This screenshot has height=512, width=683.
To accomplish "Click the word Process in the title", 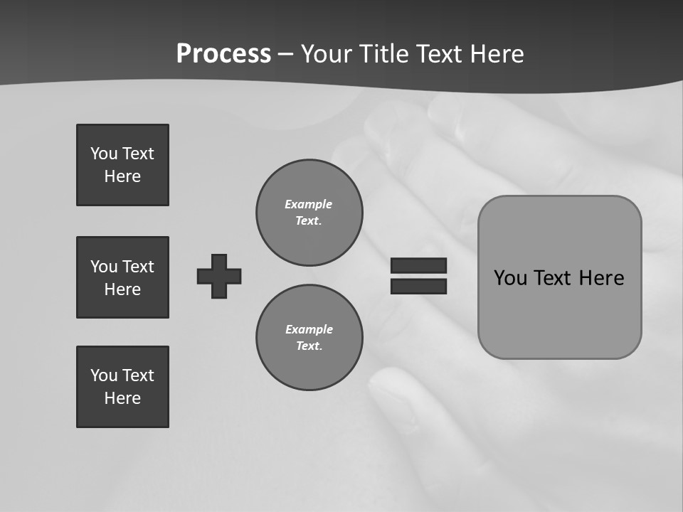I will pyautogui.click(x=223, y=54).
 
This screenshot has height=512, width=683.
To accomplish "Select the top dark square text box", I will pyautogui.click(x=122, y=165).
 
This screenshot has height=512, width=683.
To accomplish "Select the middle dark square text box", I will pyautogui.click(x=122, y=277).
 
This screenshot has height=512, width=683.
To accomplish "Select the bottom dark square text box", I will pyautogui.click(x=122, y=387).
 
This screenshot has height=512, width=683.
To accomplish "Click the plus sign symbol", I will pyautogui.click(x=219, y=276).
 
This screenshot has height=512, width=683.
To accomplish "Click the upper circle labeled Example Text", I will pyautogui.click(x=309, y=213).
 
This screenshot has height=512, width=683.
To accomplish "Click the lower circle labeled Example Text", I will pyautogui.click(x=309, y=338).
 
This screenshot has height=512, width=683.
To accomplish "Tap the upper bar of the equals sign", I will pyautogui.click(x=418, y=265).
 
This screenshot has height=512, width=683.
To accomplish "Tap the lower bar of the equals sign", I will pyautogui.click(x=418, y=287).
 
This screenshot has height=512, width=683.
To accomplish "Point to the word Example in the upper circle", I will pyautogui.click(x=308, y=204).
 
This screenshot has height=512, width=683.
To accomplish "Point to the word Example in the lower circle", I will pyautogui.click(x=309, y=329).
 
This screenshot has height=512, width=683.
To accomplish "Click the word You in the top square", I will pyautogui.click(x=103, y=154).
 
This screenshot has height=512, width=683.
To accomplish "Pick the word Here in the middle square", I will pyautogui.click(x=122, y=289).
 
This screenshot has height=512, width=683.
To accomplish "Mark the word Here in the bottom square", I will pyautogui.click(x=122, y=398).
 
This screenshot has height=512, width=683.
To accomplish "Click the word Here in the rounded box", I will pyautogui.click(x=601, y=278).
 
